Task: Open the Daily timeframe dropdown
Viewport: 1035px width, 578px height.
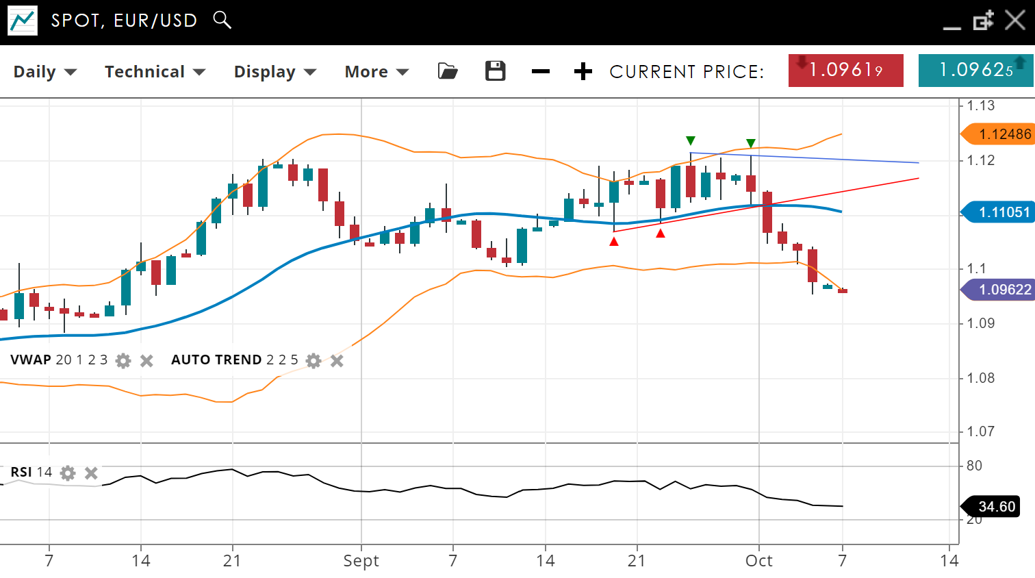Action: tap(44, 72)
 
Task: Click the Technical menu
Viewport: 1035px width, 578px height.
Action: tap(155, 72)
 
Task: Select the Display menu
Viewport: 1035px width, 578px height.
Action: tap(274, 72)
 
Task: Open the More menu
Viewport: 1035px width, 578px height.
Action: tap(376, 72)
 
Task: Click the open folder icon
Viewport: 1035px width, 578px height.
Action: tap(448, 71)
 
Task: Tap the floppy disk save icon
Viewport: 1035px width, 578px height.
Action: tap(495, 71)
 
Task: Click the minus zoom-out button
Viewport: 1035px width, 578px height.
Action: tap(540, 71)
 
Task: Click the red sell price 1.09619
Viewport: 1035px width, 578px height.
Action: tap(845, 71)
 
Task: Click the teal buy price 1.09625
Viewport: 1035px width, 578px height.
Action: tap(975, 71)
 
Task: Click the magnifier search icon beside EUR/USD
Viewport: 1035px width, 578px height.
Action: tap(222, 20)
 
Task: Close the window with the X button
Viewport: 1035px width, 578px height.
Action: tap(1014, 21)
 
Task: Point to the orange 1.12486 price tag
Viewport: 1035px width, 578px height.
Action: tap(999, 134)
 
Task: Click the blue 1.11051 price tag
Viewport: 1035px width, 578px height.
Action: tap(999, 212)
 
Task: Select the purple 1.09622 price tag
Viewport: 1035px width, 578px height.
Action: tap(999, 290)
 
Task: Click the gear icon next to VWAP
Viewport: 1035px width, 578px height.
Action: tap(123, 361)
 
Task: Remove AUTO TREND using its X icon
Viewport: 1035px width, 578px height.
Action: tap(337, 361)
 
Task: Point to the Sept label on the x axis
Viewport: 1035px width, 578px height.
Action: tap(361, 561)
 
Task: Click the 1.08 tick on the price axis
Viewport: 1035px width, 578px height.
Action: tap(980, 378)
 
